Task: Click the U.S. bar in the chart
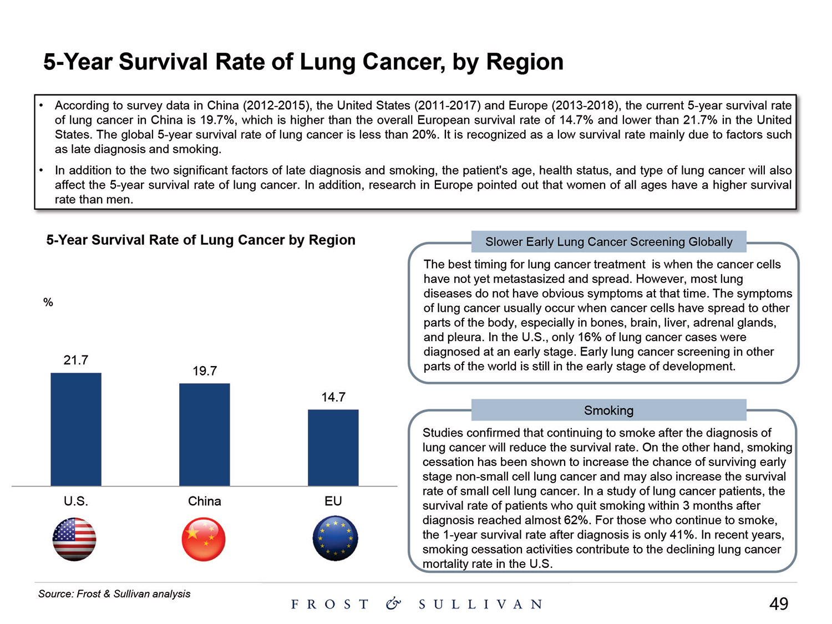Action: coord(76,429)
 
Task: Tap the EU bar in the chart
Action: coord(333,448)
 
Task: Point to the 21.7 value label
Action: coord(76,361)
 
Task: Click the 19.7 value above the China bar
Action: coord(205,371)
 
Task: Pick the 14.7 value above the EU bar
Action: coord(333,397)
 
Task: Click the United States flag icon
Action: coord(74,539)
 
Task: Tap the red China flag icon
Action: coord(204,539)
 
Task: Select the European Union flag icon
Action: coord(335,539)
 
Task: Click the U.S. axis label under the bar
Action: coord(76,501)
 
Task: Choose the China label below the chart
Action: coord(205,501)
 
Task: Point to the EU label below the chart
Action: coord(333,501)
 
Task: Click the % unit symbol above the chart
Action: coord(48,302)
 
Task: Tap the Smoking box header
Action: coord(608,410)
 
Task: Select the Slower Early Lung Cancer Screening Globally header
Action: coord(608,242)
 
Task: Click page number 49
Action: coord(779,604)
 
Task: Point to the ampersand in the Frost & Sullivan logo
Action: coord(393,604)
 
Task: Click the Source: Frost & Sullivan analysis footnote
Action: coord(114,594)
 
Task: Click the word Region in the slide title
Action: coord(525,62)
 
